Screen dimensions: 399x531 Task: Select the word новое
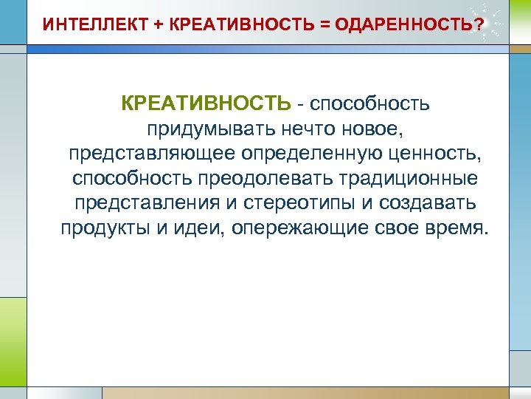tap(375, 129)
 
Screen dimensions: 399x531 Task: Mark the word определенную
tap(307, 154)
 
